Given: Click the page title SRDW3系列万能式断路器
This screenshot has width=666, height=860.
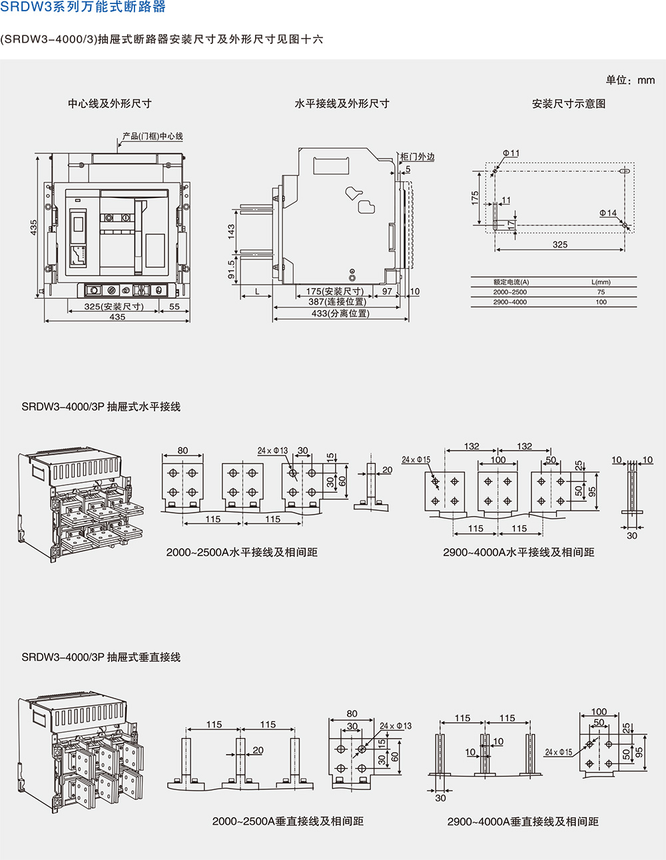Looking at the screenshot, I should [83, 7].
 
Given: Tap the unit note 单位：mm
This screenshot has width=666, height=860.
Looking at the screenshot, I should [630, 80].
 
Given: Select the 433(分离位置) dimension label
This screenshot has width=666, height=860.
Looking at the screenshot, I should [340, 313].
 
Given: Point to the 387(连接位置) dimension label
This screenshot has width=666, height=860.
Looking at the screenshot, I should [337, 302].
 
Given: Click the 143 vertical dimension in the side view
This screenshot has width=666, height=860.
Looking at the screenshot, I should [231, 231].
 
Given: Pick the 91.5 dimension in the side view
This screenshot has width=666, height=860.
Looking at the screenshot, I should [231, 269].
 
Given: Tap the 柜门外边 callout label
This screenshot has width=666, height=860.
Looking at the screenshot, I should [417, 157].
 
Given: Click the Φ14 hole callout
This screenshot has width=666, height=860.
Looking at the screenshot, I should [607, 213].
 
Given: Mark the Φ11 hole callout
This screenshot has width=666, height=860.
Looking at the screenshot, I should [511, 153].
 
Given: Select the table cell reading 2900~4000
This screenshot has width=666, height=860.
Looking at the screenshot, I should [510, 302].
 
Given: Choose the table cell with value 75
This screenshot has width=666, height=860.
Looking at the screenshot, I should [601, 292].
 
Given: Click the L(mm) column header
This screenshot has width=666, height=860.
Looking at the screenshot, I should [601, 282].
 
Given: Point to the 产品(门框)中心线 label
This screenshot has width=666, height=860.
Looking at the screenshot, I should [153, 136].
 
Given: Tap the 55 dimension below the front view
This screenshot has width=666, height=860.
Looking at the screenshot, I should [174, 307].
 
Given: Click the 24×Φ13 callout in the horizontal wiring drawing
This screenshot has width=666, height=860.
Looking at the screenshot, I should [272, 451].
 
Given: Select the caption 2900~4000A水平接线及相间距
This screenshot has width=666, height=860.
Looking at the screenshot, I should [518, 552].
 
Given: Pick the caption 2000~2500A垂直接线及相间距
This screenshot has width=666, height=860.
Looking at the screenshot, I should [288, 821].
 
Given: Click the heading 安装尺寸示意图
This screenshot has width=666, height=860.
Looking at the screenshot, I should [568, 103].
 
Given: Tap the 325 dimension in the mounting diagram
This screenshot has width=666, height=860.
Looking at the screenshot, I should [560, 245].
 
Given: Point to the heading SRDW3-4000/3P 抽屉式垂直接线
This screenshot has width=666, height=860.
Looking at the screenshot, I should [101, 657].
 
